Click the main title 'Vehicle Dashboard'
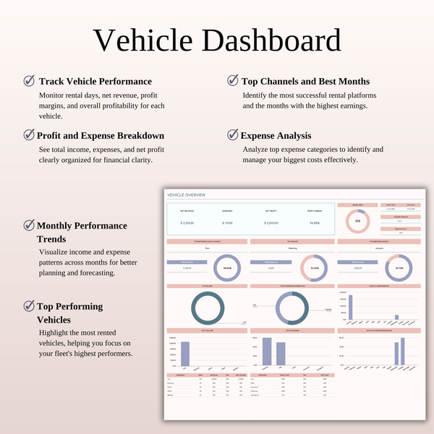(217, 41)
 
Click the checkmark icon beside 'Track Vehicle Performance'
(29, 81)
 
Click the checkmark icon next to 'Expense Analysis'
(232, 135)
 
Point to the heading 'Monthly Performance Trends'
(81, 231)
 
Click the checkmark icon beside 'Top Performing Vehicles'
(29, 306)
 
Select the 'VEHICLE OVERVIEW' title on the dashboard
(187, 195)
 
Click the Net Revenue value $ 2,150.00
(188, 223)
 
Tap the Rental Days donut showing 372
(357, 221)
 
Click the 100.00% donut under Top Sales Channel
(226, 268)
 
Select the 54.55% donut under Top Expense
(315, 268)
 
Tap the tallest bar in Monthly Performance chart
(350, 307)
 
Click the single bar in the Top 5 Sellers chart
(184, 354)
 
